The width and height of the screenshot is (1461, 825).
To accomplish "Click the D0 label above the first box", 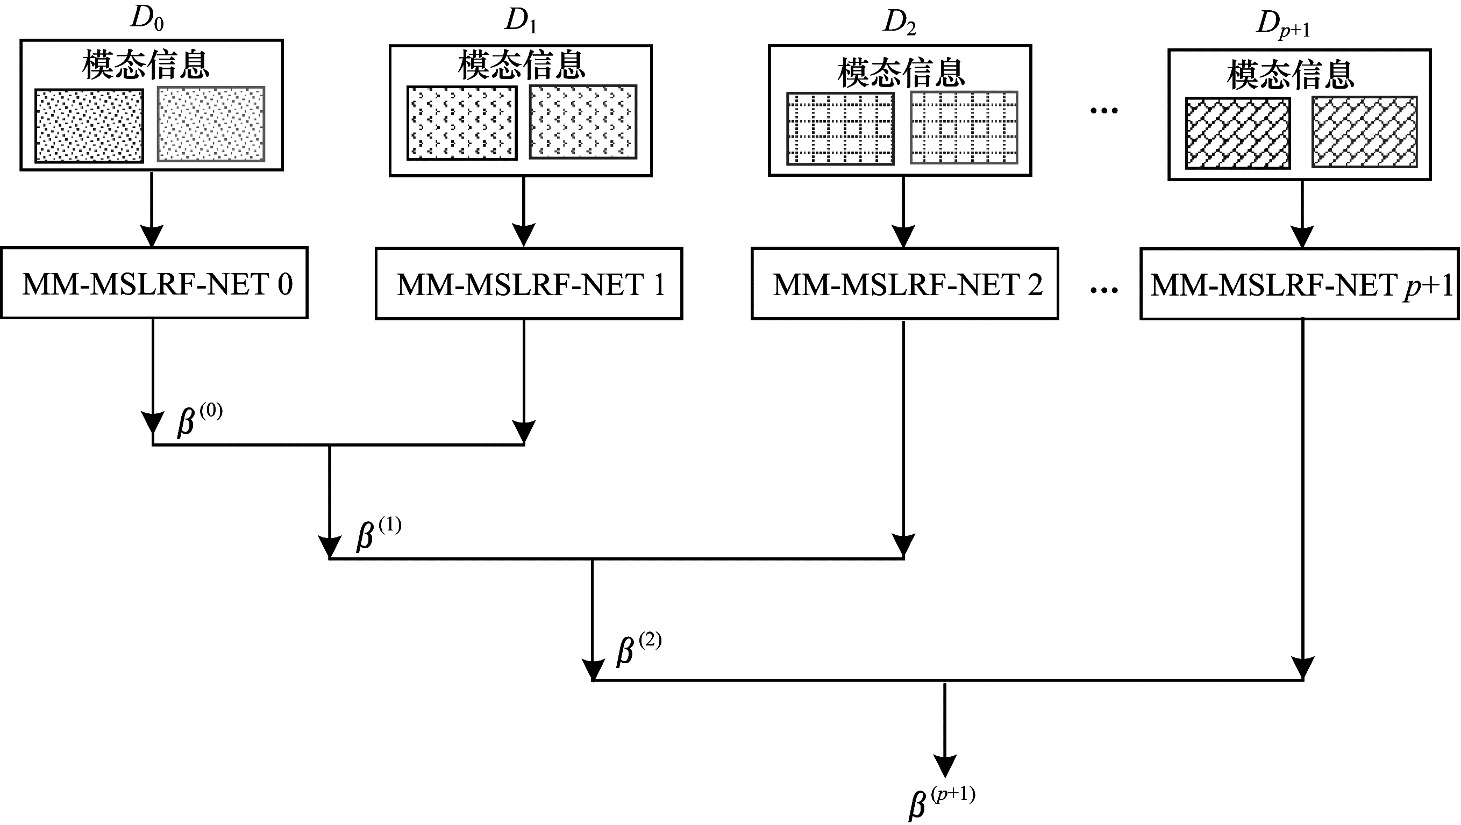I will pos(147,19).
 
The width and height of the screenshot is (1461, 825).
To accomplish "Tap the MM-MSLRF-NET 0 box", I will pos(154,283).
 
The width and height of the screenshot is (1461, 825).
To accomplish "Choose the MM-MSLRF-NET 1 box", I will pos(529,283).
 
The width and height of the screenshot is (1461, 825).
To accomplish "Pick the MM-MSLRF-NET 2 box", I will pos(904,283).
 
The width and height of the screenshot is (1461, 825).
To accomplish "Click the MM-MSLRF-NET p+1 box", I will pos(1299,283).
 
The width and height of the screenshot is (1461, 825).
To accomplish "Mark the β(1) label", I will pos(379,534).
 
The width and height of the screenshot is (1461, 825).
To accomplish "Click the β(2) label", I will pos(639,649).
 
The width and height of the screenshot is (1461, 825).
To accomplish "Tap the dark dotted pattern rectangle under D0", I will pos(89,126).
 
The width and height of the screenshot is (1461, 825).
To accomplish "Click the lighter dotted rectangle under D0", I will pos(211,124).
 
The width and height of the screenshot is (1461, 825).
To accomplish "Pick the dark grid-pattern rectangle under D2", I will pos(840,128).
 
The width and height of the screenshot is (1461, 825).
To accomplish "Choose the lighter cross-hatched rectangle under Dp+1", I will pos(1364,132).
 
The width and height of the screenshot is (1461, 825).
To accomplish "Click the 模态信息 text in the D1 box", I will pos(521,65).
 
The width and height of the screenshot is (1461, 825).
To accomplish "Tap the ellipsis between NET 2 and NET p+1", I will pos(1104,290).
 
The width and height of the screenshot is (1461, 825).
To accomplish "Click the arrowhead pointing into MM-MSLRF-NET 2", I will pos(903,236).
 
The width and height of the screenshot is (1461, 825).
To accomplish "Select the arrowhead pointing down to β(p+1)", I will pos(945,765).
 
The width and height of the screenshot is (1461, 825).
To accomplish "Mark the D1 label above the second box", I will pos(520,20).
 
